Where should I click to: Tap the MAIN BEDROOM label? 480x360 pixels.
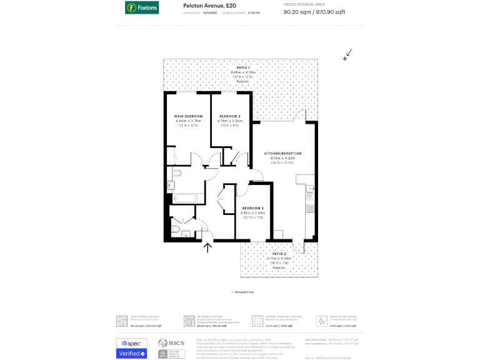188,117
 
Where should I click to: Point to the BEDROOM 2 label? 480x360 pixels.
230,117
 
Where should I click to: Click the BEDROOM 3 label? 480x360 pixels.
252,208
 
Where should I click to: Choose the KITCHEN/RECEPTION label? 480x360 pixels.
282,153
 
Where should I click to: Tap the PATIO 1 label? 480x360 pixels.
243,67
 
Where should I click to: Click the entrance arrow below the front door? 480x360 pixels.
208,247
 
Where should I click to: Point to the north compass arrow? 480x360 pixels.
347,56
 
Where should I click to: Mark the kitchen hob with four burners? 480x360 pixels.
309,208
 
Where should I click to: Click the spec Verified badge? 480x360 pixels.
131,349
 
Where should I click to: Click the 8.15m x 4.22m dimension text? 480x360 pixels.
282,158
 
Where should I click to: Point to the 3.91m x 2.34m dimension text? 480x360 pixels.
252,213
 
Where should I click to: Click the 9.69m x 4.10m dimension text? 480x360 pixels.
243,72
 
